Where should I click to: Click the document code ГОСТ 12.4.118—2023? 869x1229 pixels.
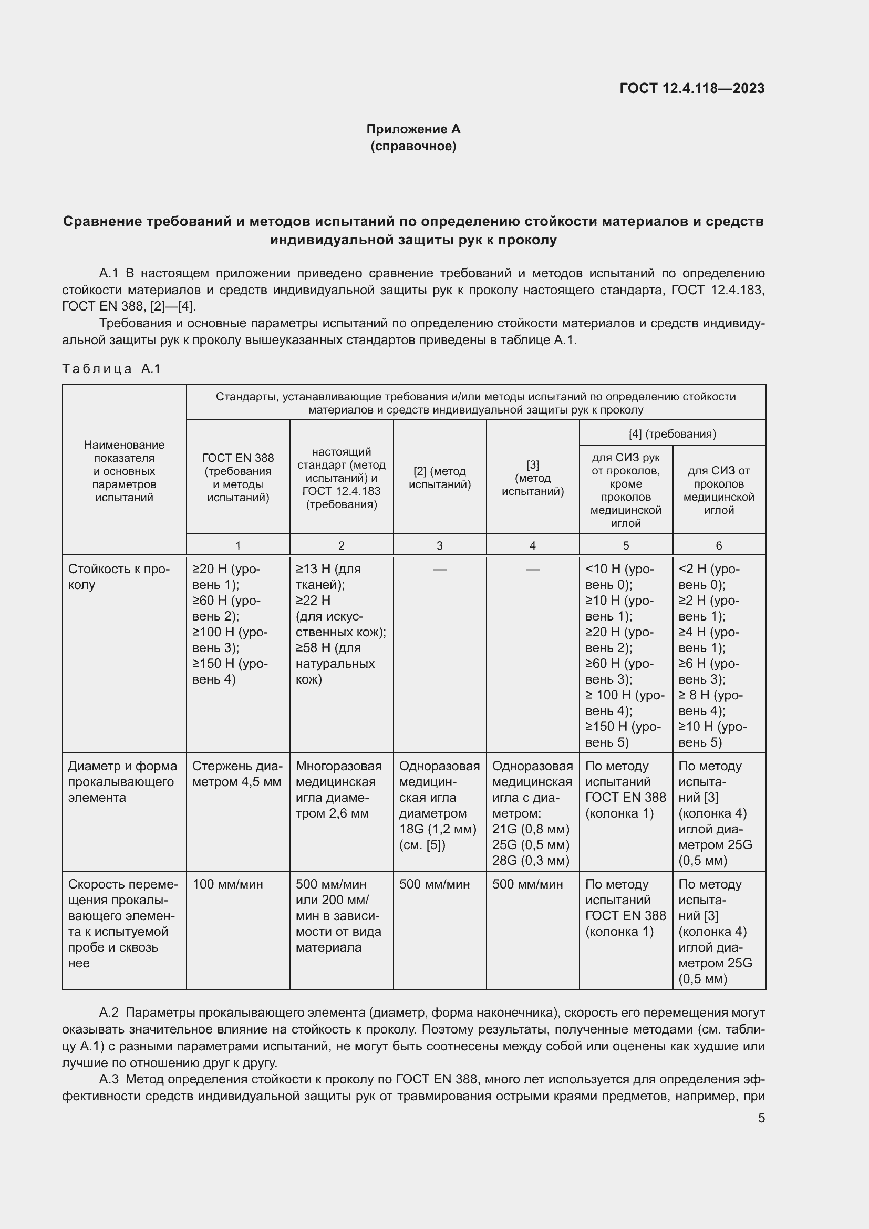click(692, 88)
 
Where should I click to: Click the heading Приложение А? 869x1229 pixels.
click(413, 129)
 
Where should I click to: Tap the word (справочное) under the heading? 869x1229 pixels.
click(413, 146)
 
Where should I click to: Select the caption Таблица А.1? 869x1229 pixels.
click(111, 368)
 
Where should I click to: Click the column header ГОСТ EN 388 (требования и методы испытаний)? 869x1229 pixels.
click(237, 478)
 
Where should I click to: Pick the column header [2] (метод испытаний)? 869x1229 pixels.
click(439, 478)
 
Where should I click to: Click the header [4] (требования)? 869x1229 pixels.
click(671, 433)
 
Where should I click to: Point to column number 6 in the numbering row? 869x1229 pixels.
click(718, 545)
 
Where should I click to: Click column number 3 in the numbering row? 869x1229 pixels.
click(439, 545)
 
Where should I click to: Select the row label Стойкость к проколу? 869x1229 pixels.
click(118, 576)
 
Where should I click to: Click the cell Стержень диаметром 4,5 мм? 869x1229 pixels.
click(236, 773)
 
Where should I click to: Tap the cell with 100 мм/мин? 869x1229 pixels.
click(227, 884)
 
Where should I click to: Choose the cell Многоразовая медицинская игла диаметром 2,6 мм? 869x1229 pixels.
click(338, 790)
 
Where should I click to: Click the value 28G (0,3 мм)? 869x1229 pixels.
click(530, 861)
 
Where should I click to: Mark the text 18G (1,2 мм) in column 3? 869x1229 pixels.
click(437, 829)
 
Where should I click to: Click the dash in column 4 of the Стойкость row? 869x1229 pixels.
click(532, 570)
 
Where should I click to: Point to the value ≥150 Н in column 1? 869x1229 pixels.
click(214, 663)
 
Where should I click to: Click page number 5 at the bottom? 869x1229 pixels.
click(761, 1118)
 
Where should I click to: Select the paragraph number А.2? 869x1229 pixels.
click(109, 1013)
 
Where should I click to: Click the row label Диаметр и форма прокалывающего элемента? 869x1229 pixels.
click(122, 781)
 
